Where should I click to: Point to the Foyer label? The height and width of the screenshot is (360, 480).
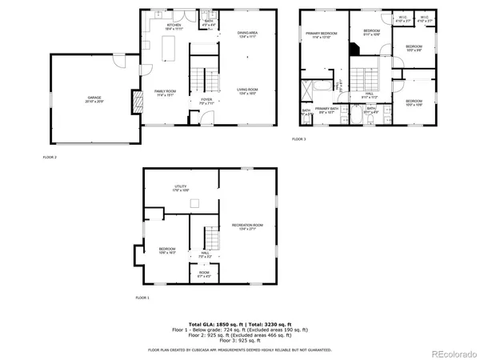[x=206, y=101]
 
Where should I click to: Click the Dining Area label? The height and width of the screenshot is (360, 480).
[x=247, y=34]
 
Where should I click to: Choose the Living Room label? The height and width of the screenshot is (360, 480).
[x=247, y=90]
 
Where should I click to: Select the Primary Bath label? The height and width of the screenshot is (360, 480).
[x=328, y=110]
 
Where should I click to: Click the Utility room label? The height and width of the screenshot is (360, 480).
[x=181, y=189]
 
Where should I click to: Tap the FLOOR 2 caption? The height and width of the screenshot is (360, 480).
[x=50, y=158]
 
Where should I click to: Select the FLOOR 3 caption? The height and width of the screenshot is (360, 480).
[x=298, y=139]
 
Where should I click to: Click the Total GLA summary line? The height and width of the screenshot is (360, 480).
[x=240, y=324]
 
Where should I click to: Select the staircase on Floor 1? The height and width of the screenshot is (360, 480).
[x=211, y=238]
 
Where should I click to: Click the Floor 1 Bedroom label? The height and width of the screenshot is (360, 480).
[x=166, y=250]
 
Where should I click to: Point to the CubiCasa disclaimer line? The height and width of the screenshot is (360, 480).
[x=240, y=350]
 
